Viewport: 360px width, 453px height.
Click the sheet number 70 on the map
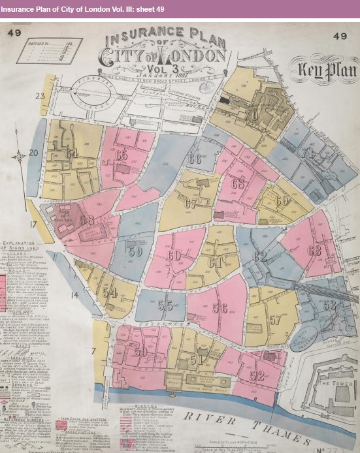point(252,115)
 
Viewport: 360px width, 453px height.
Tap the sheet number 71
point(307,153)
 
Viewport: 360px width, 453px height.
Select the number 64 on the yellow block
point(72,153)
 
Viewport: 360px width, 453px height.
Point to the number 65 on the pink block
point(122,155)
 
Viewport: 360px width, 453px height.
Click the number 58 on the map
point(87,220)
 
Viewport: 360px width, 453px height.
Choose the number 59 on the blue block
point(135,251)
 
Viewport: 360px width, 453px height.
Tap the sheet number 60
point(174,255)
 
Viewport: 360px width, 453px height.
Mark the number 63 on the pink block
point(314,250)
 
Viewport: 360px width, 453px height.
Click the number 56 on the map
point(220,308)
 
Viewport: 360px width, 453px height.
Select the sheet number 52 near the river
point(257,375)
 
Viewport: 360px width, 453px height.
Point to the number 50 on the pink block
point(140,352)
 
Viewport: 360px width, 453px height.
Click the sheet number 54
point(110,292)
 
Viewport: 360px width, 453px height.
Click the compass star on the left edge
point(20,155)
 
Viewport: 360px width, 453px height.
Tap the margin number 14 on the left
point(74,295)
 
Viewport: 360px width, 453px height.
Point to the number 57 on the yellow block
point(275,320)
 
